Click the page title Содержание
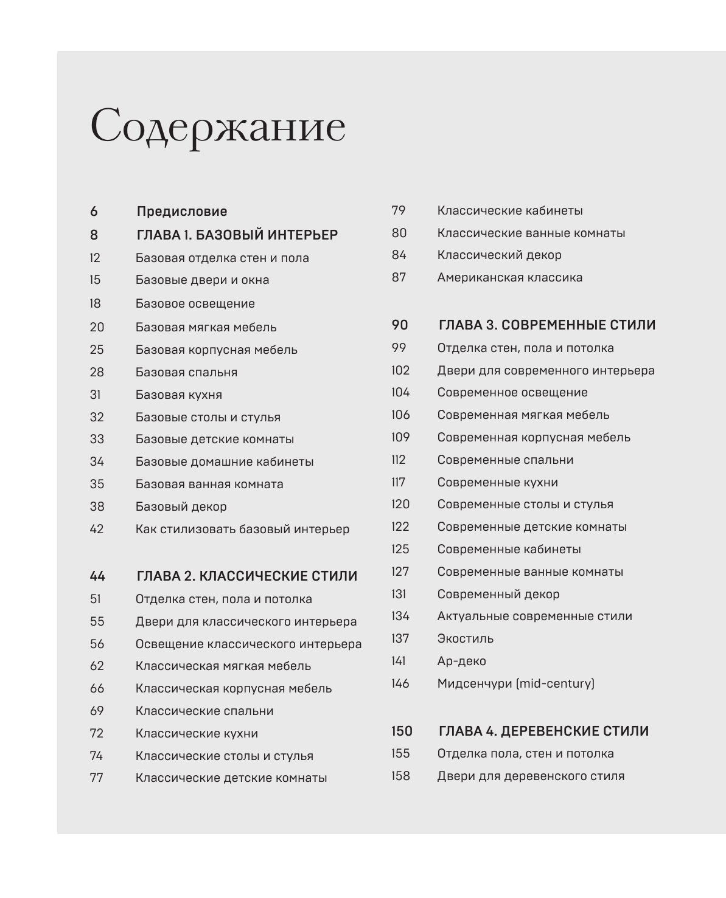click(x=217, y=126)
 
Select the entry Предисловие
click(x=181, y=211)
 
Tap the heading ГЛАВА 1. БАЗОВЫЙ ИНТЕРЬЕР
click(x=237, y=235)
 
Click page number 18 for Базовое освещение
click(x=95, y=303)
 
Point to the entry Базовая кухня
click(x=178, y=395)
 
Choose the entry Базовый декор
click(x=181, y=506)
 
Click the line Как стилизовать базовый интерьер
click(x=242, y=529)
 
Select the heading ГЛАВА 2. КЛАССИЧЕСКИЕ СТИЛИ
click(x=246, y=576)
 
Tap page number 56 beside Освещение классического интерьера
click(x=97, y=644)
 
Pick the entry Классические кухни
click(x=197, y=733)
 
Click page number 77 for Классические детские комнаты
click(x=96, y=778)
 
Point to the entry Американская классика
click(x=509, y=277)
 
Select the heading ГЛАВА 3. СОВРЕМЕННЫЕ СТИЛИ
click(x=546, y=325)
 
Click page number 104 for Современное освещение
click(x=400, y=392)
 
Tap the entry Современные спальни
click(x=505, y=460)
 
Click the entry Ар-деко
click(x=461, y=661)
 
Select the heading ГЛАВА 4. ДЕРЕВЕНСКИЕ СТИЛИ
click(x=543, y=731)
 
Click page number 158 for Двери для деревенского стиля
click(x=400, y=776)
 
